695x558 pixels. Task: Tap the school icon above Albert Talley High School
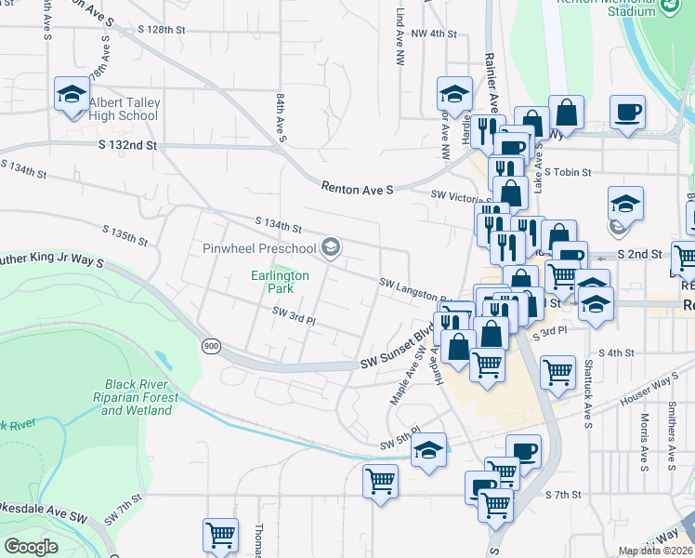click(x=71, y=94)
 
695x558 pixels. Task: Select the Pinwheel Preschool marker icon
click(x=331, y=248)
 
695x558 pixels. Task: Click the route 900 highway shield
click(x=211, y=346)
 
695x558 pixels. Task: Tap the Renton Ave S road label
click(x=358, y=188)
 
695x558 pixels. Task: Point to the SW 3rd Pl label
click(x=295, y=318)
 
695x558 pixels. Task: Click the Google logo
click(x=31, y=547)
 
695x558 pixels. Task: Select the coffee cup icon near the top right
click(x=627, y=113)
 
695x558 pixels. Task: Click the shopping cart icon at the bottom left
click(x=220, y=535)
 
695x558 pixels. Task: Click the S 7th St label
click(x=563, y=495)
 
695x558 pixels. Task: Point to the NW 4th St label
click(x=434, y=33)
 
